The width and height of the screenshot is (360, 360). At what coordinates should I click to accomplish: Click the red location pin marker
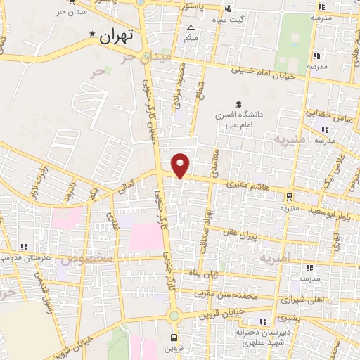tap(181, 165)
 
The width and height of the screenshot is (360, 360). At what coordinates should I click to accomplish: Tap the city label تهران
tap(116, 36)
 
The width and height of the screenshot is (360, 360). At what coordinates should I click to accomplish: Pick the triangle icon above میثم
tap(191, 28)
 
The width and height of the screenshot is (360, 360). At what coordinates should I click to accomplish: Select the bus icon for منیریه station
tap(290, 196)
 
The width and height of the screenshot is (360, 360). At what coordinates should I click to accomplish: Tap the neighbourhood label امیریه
tap(275, 259)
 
